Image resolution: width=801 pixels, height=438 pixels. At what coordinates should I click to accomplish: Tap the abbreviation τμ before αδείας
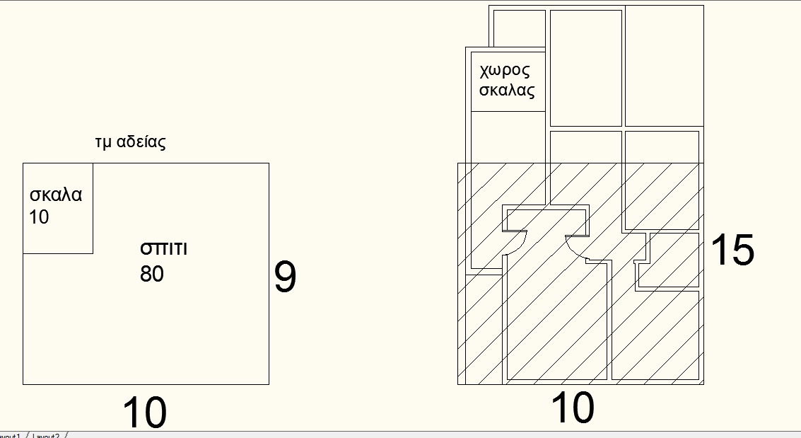104,142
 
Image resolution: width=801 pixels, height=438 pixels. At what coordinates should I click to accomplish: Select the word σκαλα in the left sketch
56,195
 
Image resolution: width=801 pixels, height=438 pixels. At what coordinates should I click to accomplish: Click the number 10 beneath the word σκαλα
40,217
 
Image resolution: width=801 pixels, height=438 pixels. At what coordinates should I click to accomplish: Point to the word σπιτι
164,249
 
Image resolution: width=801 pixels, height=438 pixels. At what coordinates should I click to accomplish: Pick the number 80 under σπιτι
152,273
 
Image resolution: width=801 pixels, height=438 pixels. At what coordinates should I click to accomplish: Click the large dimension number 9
285,278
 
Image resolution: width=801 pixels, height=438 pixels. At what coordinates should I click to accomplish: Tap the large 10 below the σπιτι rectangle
145,413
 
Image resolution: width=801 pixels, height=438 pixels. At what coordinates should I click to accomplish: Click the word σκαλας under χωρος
507,91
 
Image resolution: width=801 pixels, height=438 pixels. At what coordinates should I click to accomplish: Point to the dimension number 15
732,250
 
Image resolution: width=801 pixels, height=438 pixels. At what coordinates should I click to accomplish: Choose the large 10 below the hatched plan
573,408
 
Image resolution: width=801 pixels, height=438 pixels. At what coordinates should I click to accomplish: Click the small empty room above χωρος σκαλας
518,28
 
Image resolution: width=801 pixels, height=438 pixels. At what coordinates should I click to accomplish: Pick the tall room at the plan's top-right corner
664,66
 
